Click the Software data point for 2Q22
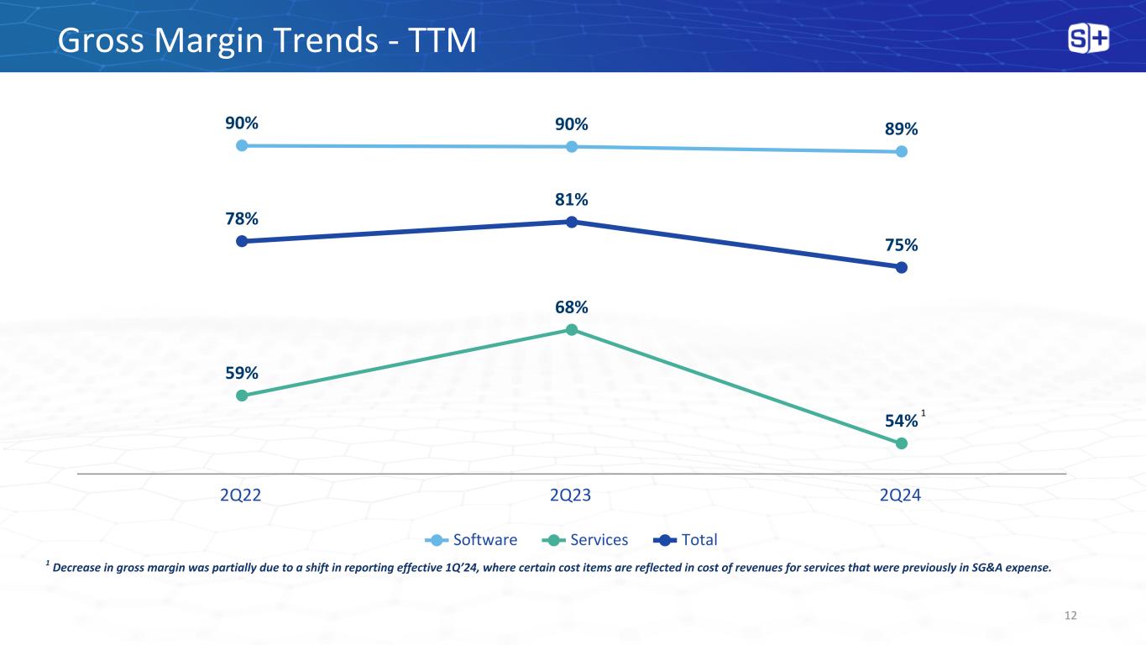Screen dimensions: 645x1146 tap(242, 145)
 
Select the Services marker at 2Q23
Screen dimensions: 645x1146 tap(571, 329)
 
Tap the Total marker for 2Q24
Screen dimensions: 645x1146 tap(902, 267)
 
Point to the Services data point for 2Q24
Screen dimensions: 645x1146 tap(902, 443)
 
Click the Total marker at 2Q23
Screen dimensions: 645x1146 tap(571, 222)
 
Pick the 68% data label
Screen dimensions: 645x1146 tap(571, 307)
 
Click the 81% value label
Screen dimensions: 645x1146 tap(571, 200)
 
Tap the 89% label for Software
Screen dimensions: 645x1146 tap(901, 129)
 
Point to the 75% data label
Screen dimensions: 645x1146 tap(901, 245)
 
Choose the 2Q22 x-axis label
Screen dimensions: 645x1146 tap(241, 495)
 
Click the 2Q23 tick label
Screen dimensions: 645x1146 tap(571, 495)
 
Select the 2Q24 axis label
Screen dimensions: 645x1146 tap(901, 495)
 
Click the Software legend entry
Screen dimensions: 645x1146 tap(472, 539)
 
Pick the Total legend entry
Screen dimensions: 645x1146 tap(688, 539)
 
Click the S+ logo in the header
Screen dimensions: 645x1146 tap(1088, 39)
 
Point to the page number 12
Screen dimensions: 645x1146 tap(1070, 616)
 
